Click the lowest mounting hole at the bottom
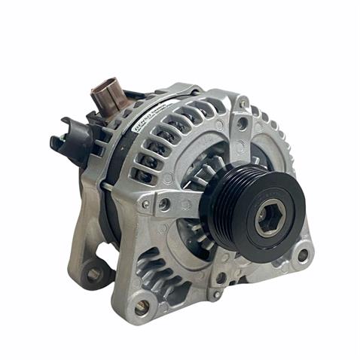pyautogui.click(x=141, y=306)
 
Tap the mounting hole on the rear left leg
pyautogui.click(x=95, y=274)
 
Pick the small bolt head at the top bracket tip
pyautogui.click(x=244, y=102)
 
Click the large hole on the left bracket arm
pyautogui.click(x=164, y=203)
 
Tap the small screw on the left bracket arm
pyautogui.click(x=145, y=203)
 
